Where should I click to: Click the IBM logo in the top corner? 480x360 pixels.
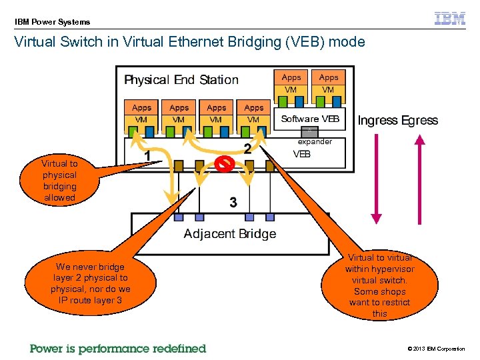(450, 19)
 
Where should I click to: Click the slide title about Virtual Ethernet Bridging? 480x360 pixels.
(190, 42)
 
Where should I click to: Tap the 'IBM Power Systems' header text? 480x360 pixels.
(53, 22)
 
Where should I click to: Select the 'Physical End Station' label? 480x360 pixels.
(181, 80)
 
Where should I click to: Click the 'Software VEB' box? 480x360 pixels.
(310, 119)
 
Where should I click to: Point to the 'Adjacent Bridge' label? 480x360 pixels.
(229, 233)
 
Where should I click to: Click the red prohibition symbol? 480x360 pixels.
(225, 164)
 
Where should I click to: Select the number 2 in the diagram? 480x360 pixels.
(247, 149)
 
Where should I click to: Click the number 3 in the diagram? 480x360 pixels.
(233, 202)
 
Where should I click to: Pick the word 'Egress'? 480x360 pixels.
(419, 121)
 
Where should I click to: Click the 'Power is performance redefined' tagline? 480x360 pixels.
(118, 349)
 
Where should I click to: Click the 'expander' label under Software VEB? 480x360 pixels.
(315, 141)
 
